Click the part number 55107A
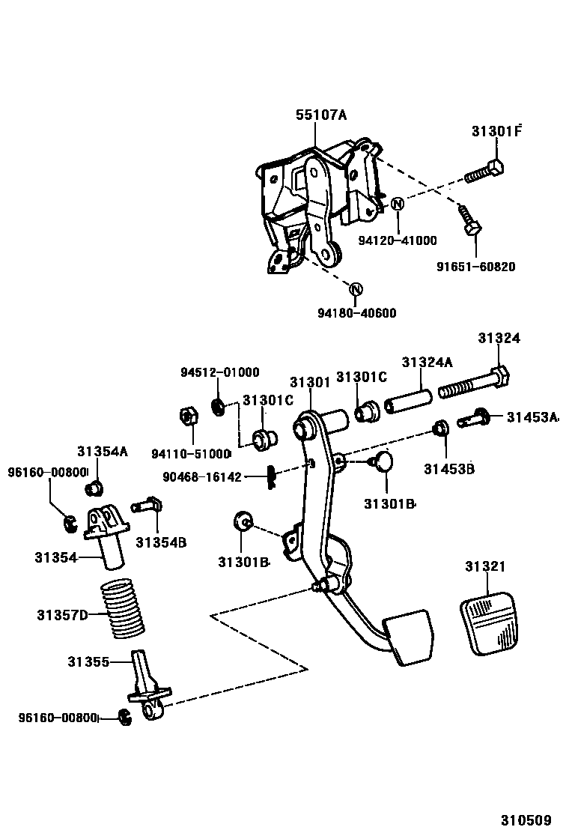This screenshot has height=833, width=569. coord(321,115)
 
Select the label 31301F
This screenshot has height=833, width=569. coord(496,131)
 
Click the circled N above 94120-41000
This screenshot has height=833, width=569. coord(397,203)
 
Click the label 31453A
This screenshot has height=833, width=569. coord(532,417)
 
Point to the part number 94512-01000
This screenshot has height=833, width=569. coord(219,372)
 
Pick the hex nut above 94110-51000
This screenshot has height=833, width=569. coord(189,416)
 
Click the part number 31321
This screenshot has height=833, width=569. coord(485,567)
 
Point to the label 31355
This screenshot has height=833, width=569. coord(88,662)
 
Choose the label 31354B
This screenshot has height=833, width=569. coord(161,542)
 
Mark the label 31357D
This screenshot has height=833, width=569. coord(62,616)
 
